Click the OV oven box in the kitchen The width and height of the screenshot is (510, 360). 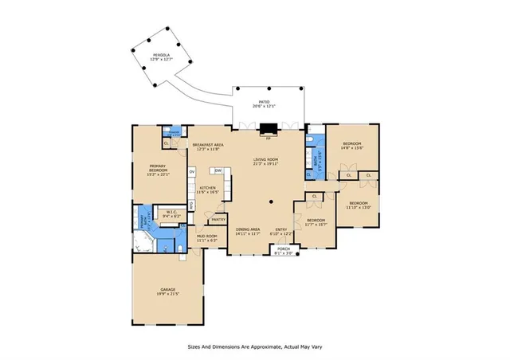click(192, 172)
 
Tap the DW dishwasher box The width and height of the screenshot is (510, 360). click(217, 170)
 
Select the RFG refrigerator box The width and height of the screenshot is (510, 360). click(191, 205)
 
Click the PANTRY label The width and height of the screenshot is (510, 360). click(218, 220)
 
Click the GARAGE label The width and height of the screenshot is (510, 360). click(167, 292)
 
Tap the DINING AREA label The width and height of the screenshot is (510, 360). click(249, 232)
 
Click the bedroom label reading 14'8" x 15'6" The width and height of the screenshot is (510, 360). click(352, 147)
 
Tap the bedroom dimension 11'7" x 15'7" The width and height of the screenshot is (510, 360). click(316, 224)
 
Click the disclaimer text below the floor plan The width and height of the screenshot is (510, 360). click(254, 346)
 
